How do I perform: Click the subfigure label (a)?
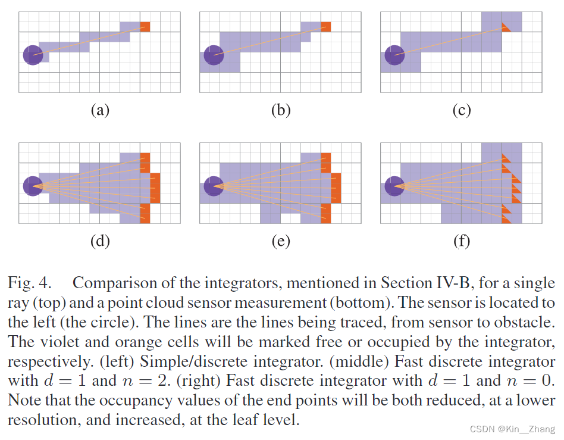[x=99, y=110]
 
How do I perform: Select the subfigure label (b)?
[x=280, y=110]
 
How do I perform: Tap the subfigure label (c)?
[x=461, y=110]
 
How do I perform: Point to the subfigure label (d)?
[x=99, y=241]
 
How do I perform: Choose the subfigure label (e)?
[x=280, y=241]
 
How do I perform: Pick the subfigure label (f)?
[x=461, y=241]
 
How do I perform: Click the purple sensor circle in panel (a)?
[x=33, y=55]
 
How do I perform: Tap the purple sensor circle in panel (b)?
[x=213, y=55]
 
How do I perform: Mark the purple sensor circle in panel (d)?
[x=33, y=186]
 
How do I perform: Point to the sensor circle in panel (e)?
[x=213, y=186]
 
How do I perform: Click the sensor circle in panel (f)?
[x=394, y=186]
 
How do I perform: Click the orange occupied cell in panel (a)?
[x=145, y=27]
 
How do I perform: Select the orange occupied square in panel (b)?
[x=325, y=27]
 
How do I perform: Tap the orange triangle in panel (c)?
[x=506, y=27]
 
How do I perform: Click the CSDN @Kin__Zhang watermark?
[x=512, y=429]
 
